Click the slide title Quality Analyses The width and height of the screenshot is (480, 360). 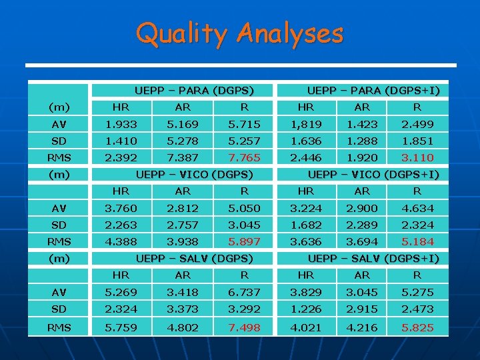(239, 33)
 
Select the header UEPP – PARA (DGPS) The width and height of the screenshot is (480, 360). (194, 90)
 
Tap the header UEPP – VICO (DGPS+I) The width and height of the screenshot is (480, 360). (373, 175)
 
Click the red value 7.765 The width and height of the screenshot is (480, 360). (245, 157)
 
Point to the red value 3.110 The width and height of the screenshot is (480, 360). (417, 157)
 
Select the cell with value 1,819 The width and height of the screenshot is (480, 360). (306, 124)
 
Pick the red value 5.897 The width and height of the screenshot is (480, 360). (245, 241)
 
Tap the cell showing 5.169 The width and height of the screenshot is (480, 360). (182, 124)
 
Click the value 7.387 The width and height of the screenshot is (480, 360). (182, 157)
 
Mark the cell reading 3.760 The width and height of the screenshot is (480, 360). (121, 208)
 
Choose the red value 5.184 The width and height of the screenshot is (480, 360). (417, 241)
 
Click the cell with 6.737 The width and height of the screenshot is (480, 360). (245, 292)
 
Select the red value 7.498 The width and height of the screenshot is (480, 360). (245, 327)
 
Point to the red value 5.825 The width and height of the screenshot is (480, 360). (417, 327)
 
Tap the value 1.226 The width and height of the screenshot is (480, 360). (306, 309)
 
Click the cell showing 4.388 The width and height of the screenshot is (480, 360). (121, 241)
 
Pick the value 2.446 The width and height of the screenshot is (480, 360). (306, 157)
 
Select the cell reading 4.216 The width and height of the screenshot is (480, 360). (362, 327)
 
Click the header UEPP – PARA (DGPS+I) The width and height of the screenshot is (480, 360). (373, 90)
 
